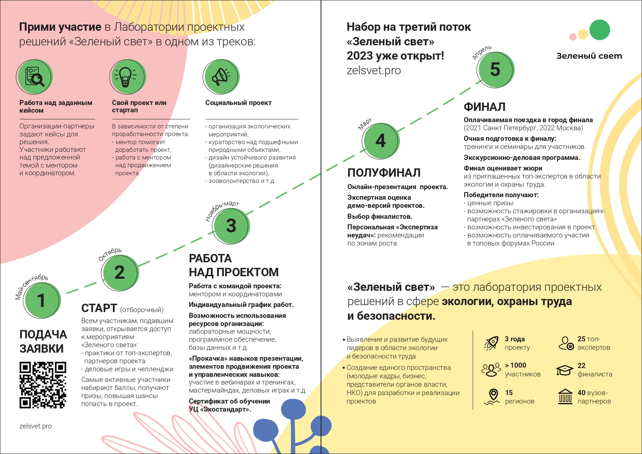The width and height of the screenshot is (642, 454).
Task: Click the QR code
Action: click(43, 385)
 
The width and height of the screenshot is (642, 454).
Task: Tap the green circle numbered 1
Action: click(42, 300)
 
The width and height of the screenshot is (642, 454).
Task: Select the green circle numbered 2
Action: click(120, 273)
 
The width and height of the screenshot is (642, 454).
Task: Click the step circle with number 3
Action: click(231, 225)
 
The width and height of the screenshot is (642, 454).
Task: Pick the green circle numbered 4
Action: click(381, 141)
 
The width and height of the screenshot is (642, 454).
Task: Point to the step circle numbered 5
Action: click(496, 69)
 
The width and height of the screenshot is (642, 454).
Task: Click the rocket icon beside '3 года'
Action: click(491, 343)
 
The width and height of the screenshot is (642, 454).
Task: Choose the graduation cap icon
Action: click(564, 370)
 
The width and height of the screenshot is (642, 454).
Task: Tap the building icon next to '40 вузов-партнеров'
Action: click(566, 397)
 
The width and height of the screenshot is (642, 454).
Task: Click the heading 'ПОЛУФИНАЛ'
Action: click(384, 173)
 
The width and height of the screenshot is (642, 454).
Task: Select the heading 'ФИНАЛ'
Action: click(485, 107)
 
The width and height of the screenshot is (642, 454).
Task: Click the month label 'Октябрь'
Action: click(110, 254)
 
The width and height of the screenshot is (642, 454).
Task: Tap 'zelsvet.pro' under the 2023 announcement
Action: click(374, 70)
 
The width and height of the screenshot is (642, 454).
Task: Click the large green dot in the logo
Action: click(600, 30)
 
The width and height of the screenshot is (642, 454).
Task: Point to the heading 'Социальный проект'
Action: click(238, 103)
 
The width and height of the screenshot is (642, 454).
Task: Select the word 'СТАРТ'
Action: click(99, 308)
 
